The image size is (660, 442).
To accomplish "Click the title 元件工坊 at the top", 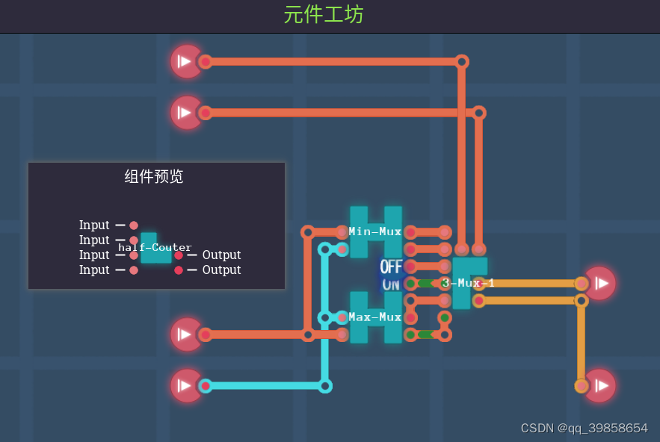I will point(323,14).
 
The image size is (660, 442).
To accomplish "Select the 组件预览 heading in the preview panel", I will point(153,177).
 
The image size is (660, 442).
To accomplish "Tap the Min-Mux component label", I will point(375,231).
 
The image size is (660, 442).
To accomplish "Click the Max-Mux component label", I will point(375,317).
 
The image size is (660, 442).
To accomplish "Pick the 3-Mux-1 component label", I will point(468,283).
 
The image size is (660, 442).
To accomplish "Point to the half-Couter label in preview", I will point(155,248).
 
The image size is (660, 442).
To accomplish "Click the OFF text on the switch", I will point(391,267).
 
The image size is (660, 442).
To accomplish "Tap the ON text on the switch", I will point(391,284).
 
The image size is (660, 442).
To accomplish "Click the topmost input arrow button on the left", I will point(185,61).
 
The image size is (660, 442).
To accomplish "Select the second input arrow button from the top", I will point(185,113).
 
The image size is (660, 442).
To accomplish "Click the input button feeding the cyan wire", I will point(185,386).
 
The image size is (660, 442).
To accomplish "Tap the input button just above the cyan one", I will point(185,334).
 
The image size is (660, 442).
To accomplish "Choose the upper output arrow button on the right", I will point(600,283).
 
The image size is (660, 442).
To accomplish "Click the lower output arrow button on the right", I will point(600,386).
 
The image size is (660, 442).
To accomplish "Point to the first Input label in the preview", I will point(94,225).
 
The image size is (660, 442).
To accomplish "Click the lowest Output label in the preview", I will point(221,270).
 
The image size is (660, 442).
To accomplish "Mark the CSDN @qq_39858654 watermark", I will point(584,429).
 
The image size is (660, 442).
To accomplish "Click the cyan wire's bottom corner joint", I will point(325,386).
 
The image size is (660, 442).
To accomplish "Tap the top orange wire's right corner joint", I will point(462,61).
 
